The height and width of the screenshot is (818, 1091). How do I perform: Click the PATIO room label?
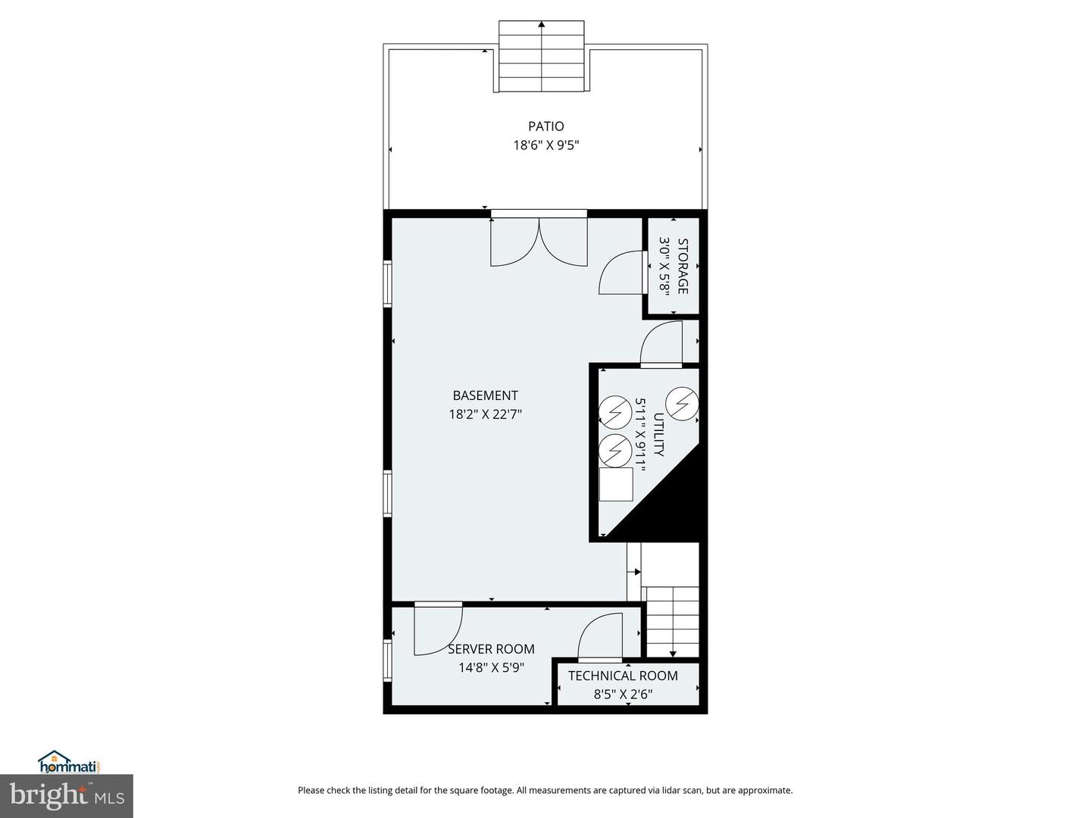545,126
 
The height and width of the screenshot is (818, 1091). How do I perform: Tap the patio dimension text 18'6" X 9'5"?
546,145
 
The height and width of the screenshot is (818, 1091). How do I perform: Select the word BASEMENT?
485,395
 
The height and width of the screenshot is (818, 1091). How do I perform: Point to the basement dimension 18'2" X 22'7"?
485,414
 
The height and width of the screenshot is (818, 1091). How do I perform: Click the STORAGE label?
683,266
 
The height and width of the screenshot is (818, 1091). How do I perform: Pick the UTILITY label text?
658,435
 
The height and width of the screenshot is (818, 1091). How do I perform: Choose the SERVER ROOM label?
491,648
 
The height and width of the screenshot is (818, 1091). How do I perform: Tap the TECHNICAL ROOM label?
623,676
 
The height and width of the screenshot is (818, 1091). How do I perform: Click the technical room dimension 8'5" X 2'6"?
623,694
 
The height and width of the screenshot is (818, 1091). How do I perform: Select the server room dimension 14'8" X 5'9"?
491,667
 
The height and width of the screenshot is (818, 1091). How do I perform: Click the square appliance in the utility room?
616,484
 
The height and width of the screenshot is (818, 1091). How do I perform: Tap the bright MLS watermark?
67,795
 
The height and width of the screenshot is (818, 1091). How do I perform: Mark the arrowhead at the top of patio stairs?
541,23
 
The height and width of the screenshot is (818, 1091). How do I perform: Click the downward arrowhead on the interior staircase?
673,654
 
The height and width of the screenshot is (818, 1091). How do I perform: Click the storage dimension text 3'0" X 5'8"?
664,266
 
